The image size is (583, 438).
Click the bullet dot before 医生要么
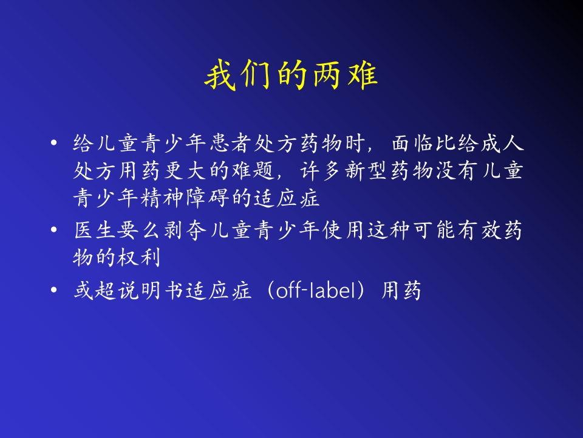pyautogui.click(x=54, y=231)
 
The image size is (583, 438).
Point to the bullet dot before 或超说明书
pyautogui.click(x=54, y=291)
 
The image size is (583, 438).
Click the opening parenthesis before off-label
pyautogui.click(x=268, y=291)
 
